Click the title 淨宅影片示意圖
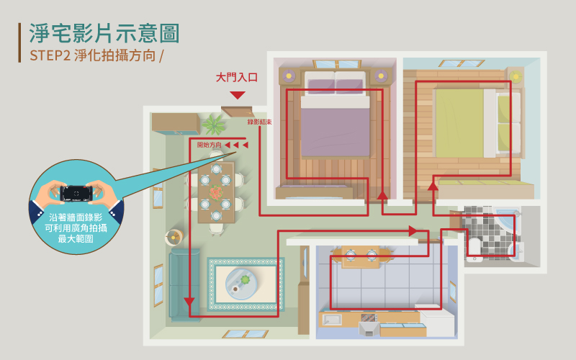(104, 32)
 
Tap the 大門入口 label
(237, 77)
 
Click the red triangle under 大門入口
(238, 95)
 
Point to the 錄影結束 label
(259, 122)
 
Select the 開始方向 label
(210, 145)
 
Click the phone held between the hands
(76, 194)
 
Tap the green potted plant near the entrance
(213, 125)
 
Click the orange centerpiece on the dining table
(215, 193)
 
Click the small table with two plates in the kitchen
(361, 255)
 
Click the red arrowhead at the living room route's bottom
(189, 302)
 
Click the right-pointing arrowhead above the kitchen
(413, 231)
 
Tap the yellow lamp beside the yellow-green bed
(515, 76)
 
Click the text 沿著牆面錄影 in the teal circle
(76, 217)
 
